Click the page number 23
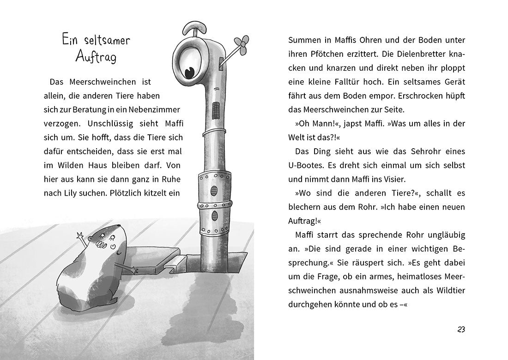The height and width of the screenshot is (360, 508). pos(461,329)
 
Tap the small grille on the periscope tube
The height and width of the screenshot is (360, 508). pos(214,110)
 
